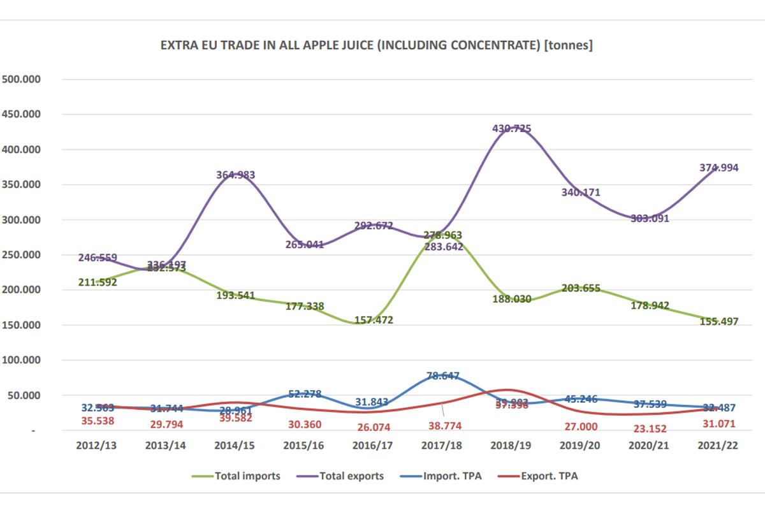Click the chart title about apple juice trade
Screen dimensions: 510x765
(377, 46)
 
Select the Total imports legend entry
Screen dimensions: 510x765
(247, 476)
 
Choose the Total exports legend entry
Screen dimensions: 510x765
(351, 476)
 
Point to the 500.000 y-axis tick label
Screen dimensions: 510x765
(22, 80)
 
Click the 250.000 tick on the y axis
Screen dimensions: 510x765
(22, 255)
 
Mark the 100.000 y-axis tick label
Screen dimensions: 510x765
(22, 360)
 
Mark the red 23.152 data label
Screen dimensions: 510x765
(648, 428)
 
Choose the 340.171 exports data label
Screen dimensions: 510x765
(579, 193)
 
